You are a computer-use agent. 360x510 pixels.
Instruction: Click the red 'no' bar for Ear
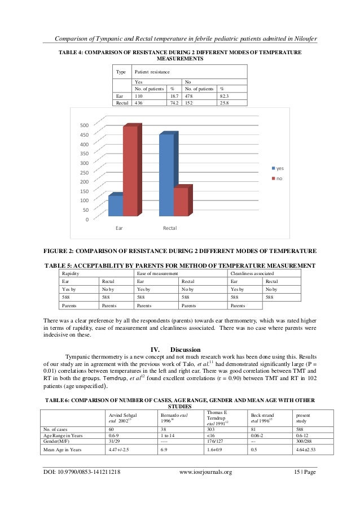pyautogui.click(x=130, y=171)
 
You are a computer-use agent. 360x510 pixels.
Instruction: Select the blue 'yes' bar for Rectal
pyautogui.click(x=166, y=175)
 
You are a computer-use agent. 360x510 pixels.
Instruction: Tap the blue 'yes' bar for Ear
pyautogui.click(x=116, y=206)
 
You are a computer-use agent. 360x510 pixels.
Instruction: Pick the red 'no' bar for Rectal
pyautogui.click(x=181, y=202)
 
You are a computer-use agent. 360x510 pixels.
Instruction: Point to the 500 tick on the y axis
pyautogui.click(x=82, y=125)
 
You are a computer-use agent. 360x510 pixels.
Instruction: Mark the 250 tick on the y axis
pyautogui.click(x=82, y=172)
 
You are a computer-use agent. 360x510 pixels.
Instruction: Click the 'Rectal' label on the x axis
pyautogui.click(x=170, y=228)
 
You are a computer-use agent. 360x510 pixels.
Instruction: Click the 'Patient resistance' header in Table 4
pyautogui.click(x=151, y=72)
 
